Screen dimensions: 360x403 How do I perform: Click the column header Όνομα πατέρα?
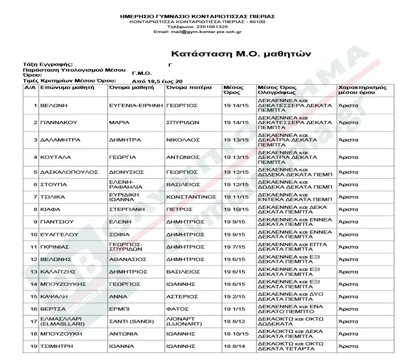click(x=189, y=88)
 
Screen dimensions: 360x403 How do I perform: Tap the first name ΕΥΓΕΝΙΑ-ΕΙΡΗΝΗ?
click(x=136, y=104)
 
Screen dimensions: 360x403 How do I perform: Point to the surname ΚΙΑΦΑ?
click(x=50, y=209)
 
